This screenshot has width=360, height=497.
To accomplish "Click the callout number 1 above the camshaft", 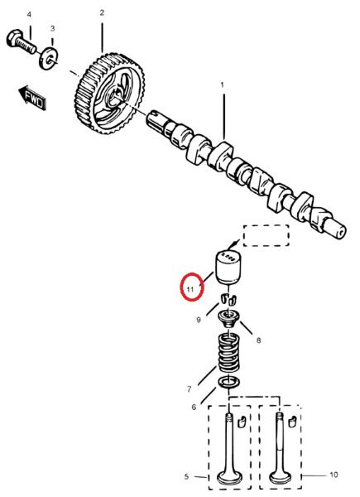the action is pos(223,85).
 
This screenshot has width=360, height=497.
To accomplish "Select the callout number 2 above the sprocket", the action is pos(102,12).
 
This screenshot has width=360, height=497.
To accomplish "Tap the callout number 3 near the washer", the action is pos(53,28).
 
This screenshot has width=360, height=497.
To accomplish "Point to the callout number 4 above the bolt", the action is pos(30,15).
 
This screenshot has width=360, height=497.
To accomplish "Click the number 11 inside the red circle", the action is pos(190,289).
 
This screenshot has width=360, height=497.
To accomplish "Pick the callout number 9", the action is pos(199,320).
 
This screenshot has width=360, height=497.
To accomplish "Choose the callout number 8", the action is pos(259,340).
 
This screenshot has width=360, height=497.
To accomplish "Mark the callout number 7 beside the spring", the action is pos(190,389).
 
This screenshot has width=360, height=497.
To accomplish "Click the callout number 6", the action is pos(194,407).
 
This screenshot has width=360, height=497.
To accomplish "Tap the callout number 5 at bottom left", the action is pos(186,476).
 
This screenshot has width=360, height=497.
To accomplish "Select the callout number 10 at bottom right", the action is pos(334,475).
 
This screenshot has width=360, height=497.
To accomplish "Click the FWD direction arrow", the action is pos(32,98).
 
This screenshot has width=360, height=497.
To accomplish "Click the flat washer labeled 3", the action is pos(49,58).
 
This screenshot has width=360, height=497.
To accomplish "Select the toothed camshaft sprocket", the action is pos(111,94).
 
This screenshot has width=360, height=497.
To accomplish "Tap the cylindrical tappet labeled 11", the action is pos(228,268).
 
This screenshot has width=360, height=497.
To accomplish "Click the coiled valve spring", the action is pos(228,353).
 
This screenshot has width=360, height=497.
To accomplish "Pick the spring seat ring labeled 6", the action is pos(228,382).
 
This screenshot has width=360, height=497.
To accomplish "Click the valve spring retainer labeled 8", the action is pos(228,320).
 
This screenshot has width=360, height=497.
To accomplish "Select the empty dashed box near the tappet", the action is pos(266,235).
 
